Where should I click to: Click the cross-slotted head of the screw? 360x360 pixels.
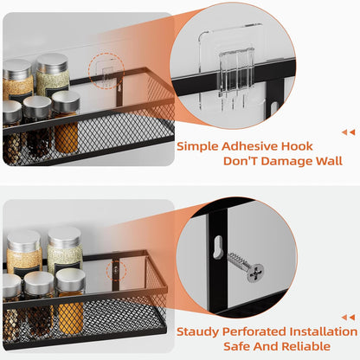(x=255, y=273)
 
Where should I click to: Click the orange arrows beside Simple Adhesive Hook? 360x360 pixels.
(x=348, y=132)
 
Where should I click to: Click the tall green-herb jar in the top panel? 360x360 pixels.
(x=53, y=75)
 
